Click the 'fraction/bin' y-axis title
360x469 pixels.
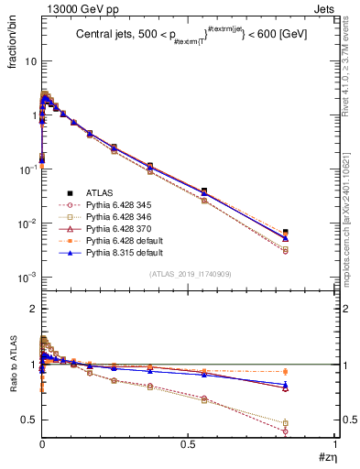pyautogui.click(x=12, y=44)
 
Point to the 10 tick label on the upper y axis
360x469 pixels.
pyautogui.click(x=27, y=61)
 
